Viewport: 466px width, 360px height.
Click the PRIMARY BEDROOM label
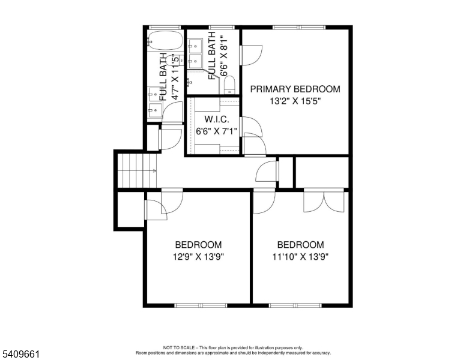(295, 89)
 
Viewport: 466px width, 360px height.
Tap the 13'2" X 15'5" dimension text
(295, 101)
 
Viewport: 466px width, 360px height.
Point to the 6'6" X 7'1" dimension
(216, 130)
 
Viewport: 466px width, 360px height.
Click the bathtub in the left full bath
(165, 40)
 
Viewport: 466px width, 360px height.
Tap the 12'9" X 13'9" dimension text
(198, 257)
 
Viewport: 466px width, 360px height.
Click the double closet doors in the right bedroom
(325, 201)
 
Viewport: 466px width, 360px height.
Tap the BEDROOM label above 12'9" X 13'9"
(198, 245)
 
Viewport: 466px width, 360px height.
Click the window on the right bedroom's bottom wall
(294, 305)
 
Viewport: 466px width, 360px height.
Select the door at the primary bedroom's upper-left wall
(249, 55)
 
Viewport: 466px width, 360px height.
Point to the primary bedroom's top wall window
(298, 27)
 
